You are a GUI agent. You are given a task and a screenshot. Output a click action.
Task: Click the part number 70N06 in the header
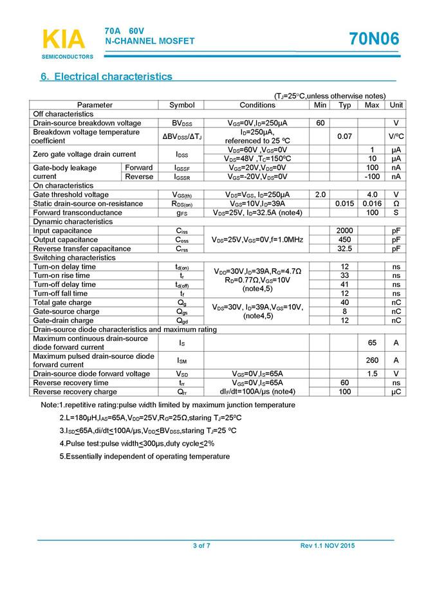(x=374, y=40)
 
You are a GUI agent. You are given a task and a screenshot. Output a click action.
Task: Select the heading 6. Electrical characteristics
(x=106, y=77)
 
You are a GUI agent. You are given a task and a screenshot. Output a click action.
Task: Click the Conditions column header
(x=257, y=105)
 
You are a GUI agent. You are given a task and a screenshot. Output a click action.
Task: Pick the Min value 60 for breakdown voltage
(x=320, y=123)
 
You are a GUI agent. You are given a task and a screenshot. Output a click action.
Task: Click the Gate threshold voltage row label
(x=71, y=194)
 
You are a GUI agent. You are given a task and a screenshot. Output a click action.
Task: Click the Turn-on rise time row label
(x=62, y=275)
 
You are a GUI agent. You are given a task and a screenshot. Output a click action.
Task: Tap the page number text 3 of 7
(x=201, y=546)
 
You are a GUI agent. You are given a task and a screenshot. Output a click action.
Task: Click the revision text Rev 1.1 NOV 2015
(x=327, y=546)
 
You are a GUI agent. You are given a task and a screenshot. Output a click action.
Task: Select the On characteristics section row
(x=63, y=185)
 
